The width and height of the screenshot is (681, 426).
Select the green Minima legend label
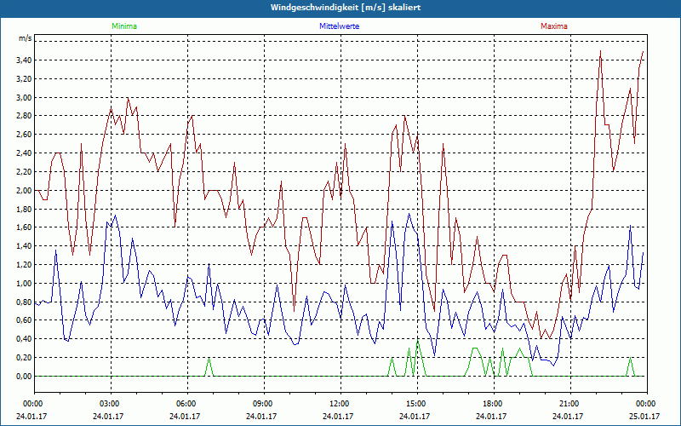pos(123,26)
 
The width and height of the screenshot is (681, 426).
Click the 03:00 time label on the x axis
pos(110,404)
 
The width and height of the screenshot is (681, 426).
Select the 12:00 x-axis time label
pos(340,404)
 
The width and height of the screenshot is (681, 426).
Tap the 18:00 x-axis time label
pos(493,404)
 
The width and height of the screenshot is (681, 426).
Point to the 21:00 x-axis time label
pos(569,404)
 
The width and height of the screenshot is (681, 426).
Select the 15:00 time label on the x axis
pos(416,404)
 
